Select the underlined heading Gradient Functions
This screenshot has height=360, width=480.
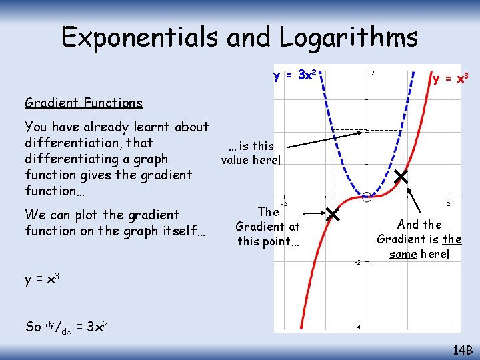coord(83,103)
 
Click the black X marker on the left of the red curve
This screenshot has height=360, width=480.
coord(332,215)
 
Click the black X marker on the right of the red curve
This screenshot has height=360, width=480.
coord(401,177)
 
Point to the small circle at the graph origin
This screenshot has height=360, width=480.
coord(366,197)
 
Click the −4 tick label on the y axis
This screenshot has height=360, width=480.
coord(357,327)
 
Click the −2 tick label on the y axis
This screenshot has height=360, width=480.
coord(357,262)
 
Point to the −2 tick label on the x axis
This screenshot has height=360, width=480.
coord(283,204)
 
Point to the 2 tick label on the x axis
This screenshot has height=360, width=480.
coord(449,204)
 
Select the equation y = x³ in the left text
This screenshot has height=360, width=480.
coord(43,279)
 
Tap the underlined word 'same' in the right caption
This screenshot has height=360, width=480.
coord(406,254)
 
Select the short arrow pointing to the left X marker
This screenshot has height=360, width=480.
coord(313,214)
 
